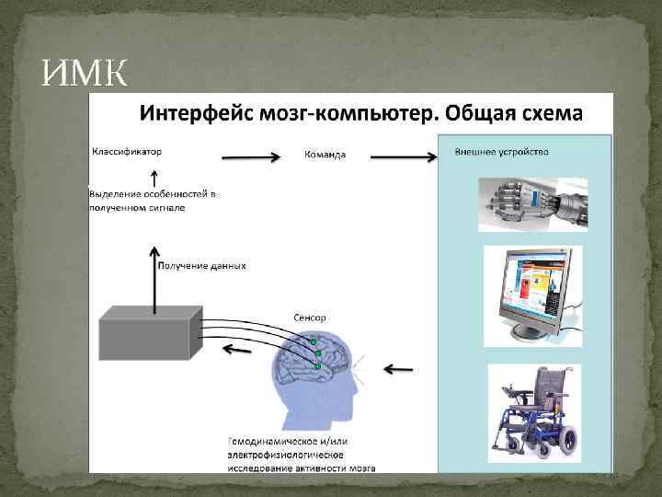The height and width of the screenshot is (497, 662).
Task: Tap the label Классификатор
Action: (129, 150)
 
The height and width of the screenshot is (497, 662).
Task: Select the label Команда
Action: (325, 155)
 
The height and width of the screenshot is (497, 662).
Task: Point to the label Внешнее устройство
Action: (502, 151)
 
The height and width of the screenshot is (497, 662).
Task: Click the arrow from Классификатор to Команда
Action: (250, 157)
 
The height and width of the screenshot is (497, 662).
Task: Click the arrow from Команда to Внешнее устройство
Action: (403, 157)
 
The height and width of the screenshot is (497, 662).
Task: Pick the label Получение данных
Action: (202, 266)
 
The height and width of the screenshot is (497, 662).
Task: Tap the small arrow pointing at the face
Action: (397, 370)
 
